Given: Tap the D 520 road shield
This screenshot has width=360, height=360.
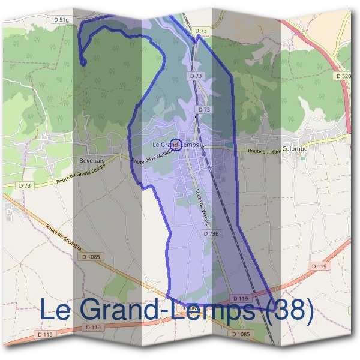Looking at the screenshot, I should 343,76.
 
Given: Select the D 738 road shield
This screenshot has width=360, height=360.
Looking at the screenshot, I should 210,233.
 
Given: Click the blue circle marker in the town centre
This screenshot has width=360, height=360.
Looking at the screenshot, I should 176,144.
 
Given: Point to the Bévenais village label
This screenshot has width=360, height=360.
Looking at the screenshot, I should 92,161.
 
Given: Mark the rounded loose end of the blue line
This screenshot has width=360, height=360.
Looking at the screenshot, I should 83,62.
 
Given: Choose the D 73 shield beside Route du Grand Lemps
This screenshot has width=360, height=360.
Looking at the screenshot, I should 24,186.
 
